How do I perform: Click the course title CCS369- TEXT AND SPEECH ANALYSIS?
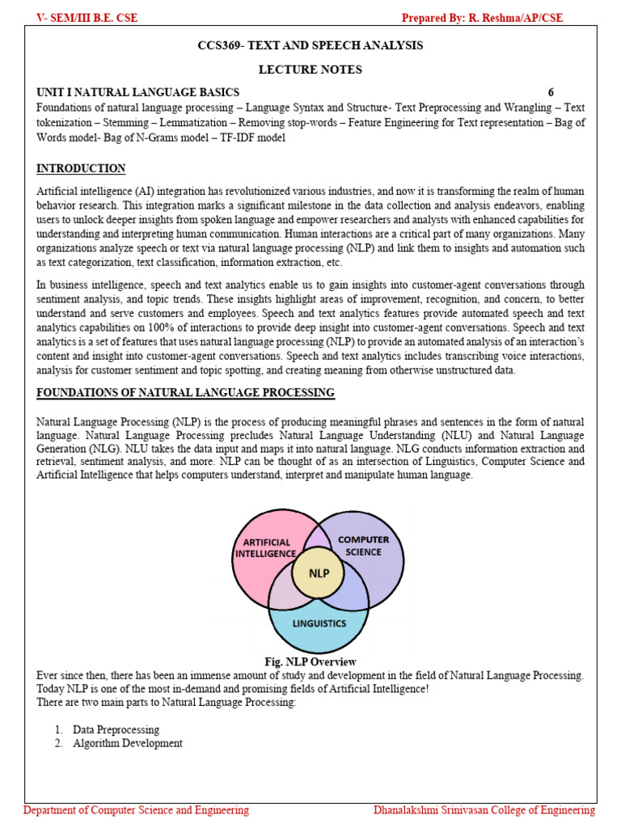point(310,46)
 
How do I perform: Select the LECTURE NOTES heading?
point(310,70)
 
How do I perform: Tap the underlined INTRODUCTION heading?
point(81,169)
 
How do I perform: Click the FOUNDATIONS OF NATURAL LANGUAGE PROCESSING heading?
point(185,393)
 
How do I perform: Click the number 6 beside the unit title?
point(551,92)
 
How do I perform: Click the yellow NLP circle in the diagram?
point(317,575)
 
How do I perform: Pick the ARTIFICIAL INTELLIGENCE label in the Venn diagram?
point(266,547)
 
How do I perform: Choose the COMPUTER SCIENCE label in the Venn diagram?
point(363,546)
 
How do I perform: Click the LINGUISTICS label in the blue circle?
point(319,623)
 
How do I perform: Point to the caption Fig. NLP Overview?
point(310,662)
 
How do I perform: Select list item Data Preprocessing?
point(116,729)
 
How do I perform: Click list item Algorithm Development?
point(127,743)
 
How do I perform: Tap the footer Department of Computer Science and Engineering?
point(137,810)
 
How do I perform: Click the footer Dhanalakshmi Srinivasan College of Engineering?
point(484,810)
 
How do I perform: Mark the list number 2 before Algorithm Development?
point(59,743)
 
